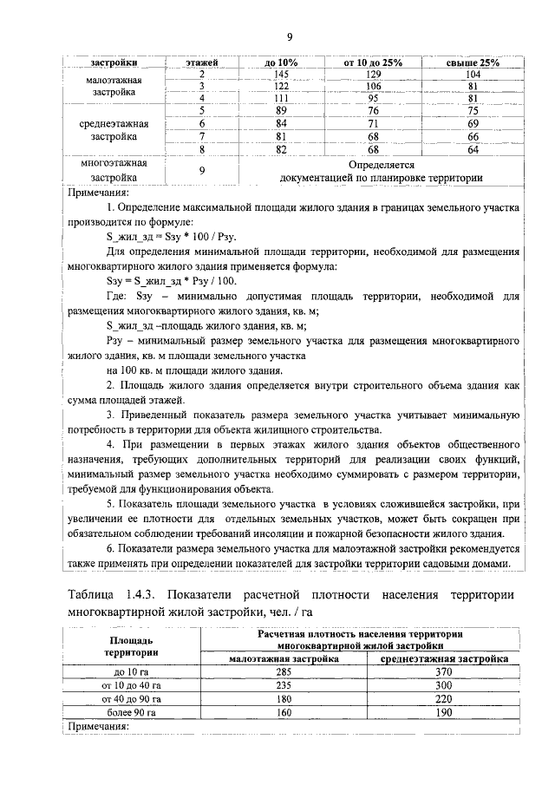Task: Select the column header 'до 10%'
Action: [281, 63]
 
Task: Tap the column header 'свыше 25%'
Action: [473, 63]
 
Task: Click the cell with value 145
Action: [281, 75]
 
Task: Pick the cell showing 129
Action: [374, 75]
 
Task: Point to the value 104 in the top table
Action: [473, 75]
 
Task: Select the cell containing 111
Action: [281, 98]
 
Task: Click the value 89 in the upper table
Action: [281, 110]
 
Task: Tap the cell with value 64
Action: [473, 149]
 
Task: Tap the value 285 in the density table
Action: [282, 671]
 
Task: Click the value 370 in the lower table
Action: [446, 671]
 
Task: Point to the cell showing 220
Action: [446, 698]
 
